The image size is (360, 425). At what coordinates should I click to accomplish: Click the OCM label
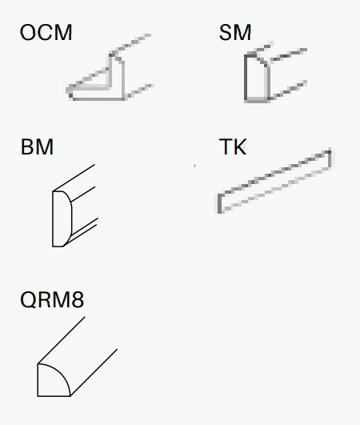[x=46, y=33]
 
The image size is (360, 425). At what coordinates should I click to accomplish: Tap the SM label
[x=235, y=33]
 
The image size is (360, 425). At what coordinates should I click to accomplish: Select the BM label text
[x=37, y=147]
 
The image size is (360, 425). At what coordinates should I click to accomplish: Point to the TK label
[x=233, y=146]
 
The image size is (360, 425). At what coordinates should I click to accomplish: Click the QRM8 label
[x=52, y=300]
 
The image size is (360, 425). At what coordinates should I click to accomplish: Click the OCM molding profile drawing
[x=110, y=67]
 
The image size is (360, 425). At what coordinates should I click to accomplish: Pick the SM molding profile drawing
[x=275, y=72]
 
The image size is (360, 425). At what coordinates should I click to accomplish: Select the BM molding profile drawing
[x=74, y=206]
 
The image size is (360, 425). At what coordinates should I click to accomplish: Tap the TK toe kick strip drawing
[x=274, y=181]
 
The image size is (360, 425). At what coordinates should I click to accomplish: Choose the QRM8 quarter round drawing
[x=78, y=357]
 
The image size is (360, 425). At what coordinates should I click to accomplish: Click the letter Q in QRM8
[x=28, y=300]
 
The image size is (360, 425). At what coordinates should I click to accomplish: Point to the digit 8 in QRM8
[x=78, y=300]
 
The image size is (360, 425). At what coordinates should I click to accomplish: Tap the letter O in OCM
[x=27, y=33]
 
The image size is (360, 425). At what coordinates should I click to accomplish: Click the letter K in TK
[x=239, y=146]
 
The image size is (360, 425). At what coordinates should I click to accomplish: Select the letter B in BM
[x=27, y=147]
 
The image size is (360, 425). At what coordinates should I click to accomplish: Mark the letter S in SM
[x=226, y=33]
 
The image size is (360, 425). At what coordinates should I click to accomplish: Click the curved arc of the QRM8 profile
[x=62, y=373]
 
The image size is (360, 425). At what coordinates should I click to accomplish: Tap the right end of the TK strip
[x=330, y=159]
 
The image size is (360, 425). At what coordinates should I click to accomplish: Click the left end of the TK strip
[x=220, y=203]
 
